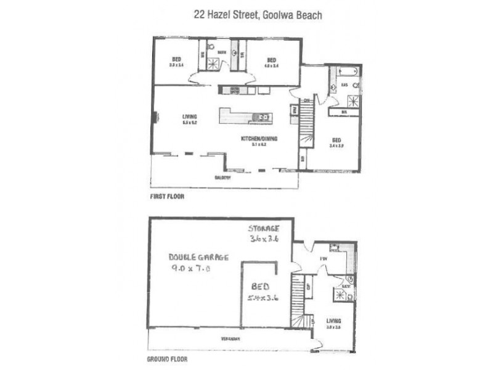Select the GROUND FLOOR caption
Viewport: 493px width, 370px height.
click(167, 358)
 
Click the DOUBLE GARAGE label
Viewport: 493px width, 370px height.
click(199, 257)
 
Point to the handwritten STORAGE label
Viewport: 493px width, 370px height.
click(264, 228)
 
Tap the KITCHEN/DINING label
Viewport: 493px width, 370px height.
click(259, 139)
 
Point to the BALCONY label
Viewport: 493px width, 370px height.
click(222, 178)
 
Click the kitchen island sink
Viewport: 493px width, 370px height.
click(263, 117)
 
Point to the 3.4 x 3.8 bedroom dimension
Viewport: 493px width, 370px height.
click(336, 147)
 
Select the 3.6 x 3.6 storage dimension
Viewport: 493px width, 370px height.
click(264, 239)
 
